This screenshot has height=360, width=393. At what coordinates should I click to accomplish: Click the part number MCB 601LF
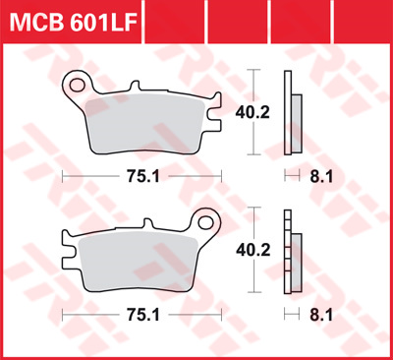[x=73, y=22]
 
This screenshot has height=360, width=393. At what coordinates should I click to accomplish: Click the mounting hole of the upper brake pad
[x=77, y=86]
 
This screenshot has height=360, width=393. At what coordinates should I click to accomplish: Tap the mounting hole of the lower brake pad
[x=205, y=222]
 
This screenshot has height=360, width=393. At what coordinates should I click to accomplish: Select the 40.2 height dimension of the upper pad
[x=253, y=112]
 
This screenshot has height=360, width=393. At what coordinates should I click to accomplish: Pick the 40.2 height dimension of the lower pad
[x=253, y=250]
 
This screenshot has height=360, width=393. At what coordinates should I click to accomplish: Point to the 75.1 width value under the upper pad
[x=143, y=177]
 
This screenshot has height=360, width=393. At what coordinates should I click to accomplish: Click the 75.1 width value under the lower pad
[x=143, y=315]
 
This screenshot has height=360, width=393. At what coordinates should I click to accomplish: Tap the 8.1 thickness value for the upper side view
[x=321, y=177]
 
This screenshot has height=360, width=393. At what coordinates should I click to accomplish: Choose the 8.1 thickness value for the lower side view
[x=321, y=316]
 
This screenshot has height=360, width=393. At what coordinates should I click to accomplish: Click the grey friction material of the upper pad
[x=145, y=124]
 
